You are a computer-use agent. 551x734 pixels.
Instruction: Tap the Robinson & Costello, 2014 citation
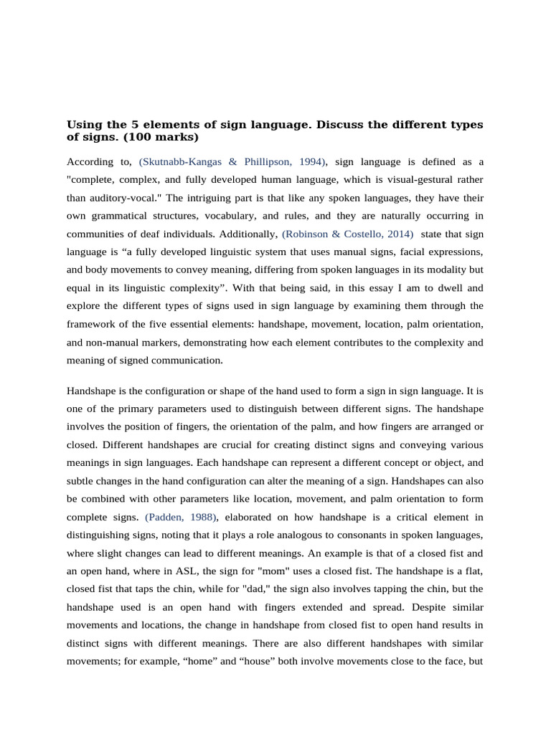tap(347, 234)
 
